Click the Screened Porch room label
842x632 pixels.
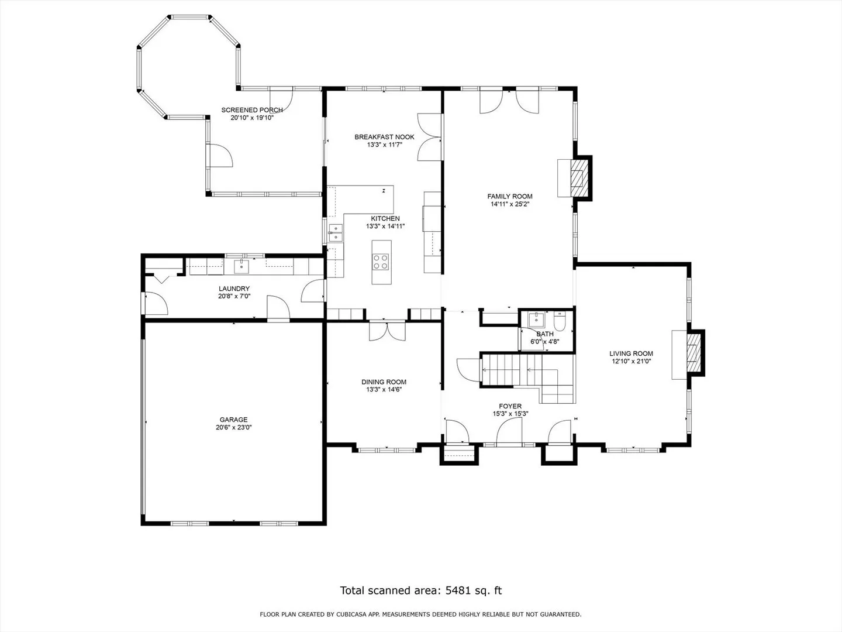[x=252, y=110]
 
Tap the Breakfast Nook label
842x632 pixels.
[x=384, y=137]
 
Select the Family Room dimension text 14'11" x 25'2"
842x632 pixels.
[x=510, y=204]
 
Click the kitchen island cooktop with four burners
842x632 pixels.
[x=381, y=262]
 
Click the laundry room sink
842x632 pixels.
[x=241, y=266]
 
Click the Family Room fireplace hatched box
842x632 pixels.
[x=579, y=178]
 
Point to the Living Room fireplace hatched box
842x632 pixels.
[x=693, y=353]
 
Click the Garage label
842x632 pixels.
[x=234, y=420]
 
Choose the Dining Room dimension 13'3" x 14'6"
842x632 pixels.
[x=384, y=390]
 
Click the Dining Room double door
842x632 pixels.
[x=387, y=331]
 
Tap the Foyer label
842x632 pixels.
[x=510, y=406]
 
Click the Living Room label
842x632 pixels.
[x=631, y=354]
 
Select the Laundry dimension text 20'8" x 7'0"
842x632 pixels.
[x=234, y=296]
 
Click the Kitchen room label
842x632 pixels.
[x=385, y=219]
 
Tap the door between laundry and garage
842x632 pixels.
[x=278, y=308]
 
